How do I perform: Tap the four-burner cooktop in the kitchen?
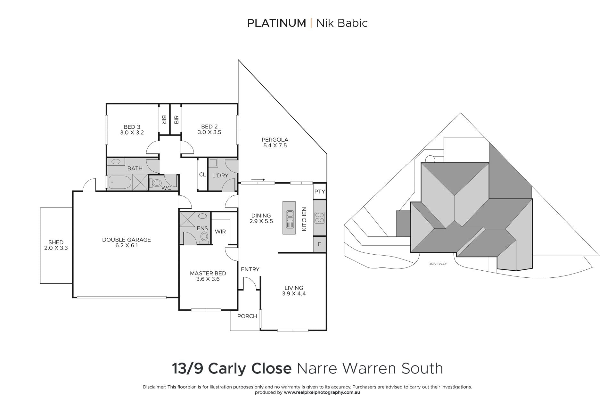[x=320, y=217]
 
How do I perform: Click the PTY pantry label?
[x=320, y=192]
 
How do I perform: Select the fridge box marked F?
[x=319, y=244]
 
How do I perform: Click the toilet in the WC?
[x=156, y=183]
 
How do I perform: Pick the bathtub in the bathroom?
[x=120, y=182]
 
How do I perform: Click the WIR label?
[x=220, y=232]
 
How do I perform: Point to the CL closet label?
[x=202, y=175]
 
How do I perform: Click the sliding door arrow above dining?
[x=258, y=180]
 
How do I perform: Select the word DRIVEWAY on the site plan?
[x=438, y=264]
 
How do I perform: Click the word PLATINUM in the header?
[x=277, y=23]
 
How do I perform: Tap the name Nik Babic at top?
[x=342, y=23]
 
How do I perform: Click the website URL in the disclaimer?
[x=322, y=392]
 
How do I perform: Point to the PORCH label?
[x=247, y=316]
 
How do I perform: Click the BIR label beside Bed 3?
[x=164, y=120]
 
